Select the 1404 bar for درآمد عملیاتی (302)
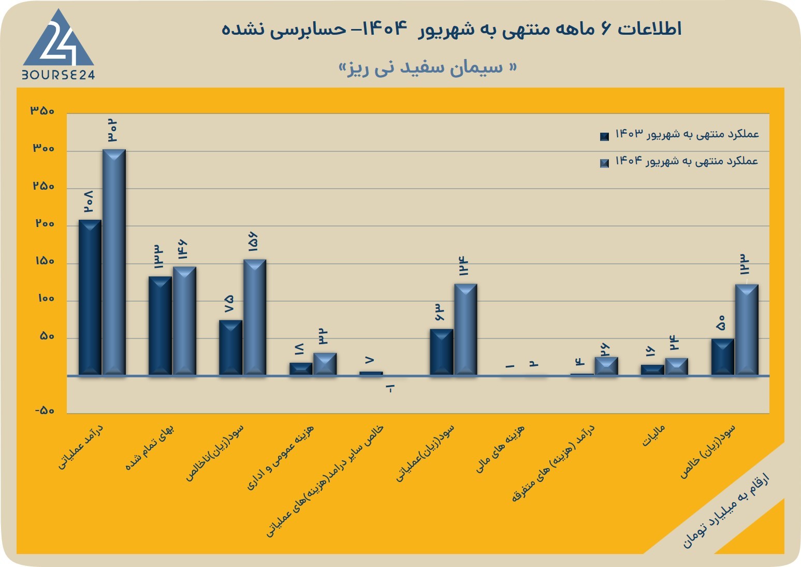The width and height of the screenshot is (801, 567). (x=114, y=262)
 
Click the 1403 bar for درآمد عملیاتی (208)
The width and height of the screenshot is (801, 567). (x=90, y=297)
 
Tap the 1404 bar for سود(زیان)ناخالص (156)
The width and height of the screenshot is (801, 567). (x=255, y=317)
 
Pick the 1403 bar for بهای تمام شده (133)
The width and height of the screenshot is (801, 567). (x=160, y=325)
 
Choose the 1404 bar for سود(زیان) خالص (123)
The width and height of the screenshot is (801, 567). (x=747, y=330)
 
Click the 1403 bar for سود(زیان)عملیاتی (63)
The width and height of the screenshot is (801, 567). (x=442, y=352)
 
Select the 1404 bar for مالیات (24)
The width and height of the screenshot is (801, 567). (x=677, y=366)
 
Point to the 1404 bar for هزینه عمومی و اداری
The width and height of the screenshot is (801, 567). (x=325, y=364)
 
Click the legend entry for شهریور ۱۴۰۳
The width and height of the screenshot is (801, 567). (x=679, y=135)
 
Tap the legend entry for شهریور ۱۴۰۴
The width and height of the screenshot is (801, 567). (x=679, y=162)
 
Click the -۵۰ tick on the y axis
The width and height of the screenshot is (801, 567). (x=45, y=410)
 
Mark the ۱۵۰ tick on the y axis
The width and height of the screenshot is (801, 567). (x=45, y=261)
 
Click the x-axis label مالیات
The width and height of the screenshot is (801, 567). (x=653, y=436)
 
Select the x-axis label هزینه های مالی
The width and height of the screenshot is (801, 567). (x=500, y=449)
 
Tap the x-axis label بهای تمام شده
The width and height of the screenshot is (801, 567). (x=150, y=447)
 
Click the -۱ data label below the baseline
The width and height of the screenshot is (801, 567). (x=390, y=388)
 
